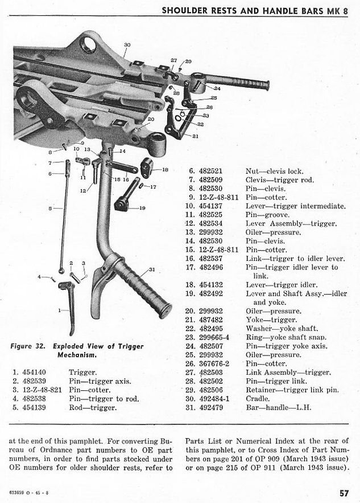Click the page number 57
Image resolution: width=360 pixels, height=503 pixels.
[343, 493]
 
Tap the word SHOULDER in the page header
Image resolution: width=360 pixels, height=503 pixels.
[184, 10]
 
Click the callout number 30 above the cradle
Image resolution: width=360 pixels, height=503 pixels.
[127, 44]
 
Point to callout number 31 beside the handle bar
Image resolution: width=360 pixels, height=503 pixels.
[151, 270]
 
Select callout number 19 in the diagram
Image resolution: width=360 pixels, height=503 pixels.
[143, 208]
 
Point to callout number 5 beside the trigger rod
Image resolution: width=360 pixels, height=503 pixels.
[51, 209]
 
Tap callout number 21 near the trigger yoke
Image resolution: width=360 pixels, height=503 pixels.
[196, 136]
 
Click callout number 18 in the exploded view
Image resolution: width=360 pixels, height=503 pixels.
[165, 169]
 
